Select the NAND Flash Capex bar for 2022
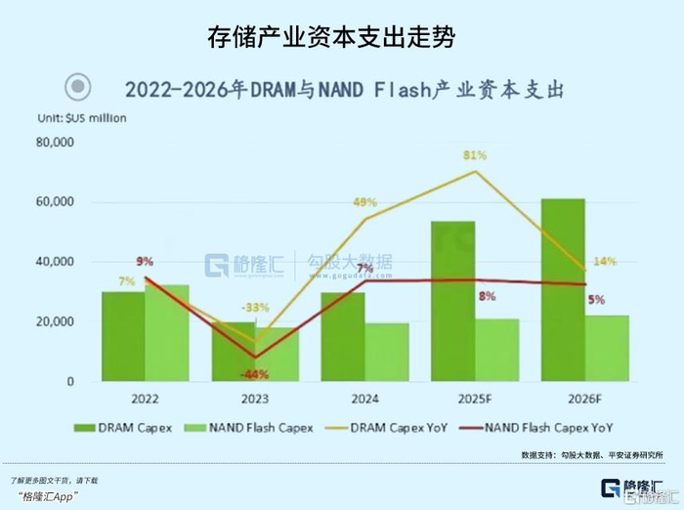(x=167, y=332)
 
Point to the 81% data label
(x=475, y=155)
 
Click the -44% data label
(x=255, y=374)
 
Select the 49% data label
(x=364, y=202)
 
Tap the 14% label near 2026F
(x=604, y=261)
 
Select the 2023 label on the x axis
(x=255, y=398)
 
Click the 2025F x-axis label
(x=476, y=398)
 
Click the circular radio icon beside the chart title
(x=78, y=88)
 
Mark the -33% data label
(x=256, y=308)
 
